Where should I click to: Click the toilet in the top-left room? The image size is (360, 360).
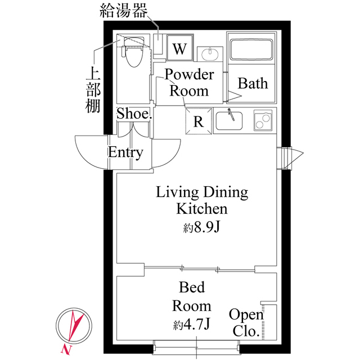click(x=133, y=52)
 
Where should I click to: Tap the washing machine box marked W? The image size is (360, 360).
click(x=180, y=48)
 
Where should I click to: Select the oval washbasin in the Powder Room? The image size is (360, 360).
click(x=210, y=54)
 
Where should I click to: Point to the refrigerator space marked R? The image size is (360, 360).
click(x=199, y=121)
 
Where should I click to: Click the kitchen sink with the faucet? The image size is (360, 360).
click(x=229, y=120)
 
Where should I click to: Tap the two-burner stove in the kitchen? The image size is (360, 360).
click(x=263, y=120)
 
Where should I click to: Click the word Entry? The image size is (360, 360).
click(x=125, y=152)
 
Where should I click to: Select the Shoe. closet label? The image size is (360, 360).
click(x=134, y=114)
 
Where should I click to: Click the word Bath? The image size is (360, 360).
click(x=253, y=83)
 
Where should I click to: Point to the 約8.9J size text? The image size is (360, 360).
click(x=202, y=227)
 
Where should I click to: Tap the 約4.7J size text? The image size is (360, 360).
click(x=192, y=324)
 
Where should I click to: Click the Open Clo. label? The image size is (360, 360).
click(x=246, y=323)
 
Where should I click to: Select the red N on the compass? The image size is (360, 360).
click(x=66, y=350)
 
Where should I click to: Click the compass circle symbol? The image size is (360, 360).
click(x=74, y=325)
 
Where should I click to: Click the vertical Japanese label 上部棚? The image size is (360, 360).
click(x=93, y=90)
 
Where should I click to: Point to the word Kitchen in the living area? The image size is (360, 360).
click(x=202, y=209)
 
